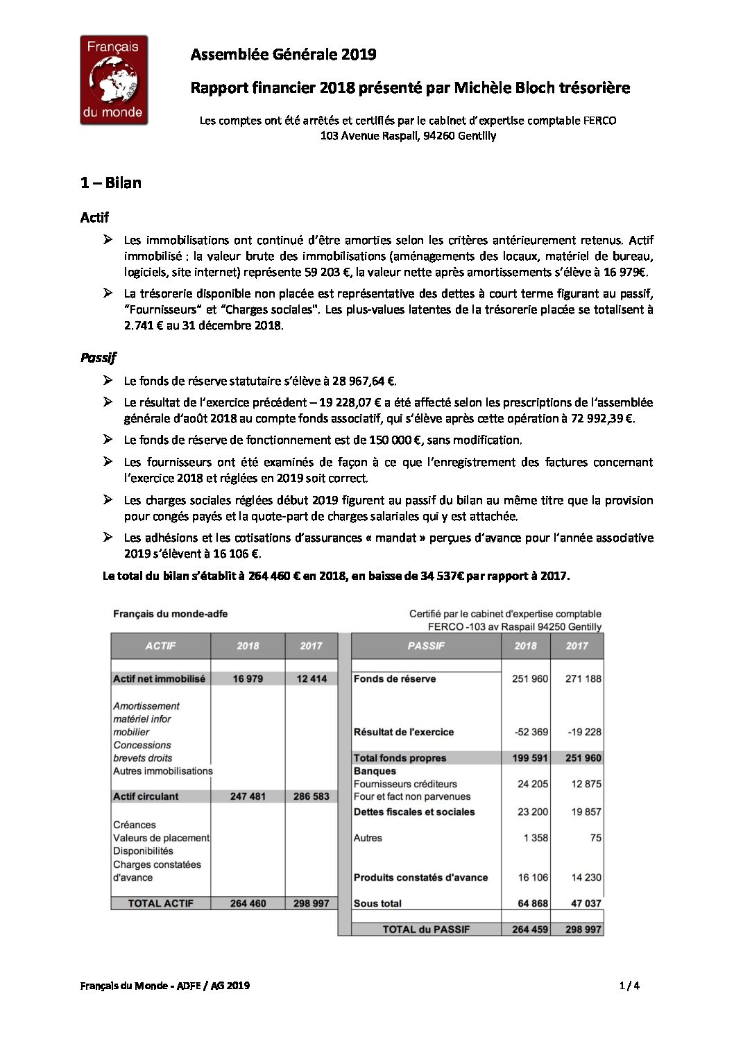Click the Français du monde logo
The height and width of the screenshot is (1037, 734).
pyautogui.click(x=114, y=80)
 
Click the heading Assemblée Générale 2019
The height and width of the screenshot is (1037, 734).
pyautogui.click(x=283, y=54)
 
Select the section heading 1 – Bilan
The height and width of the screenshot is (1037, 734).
pyautogui.click(x=110, y=183)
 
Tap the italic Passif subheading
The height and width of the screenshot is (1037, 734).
pyautogui.click(x=98, y=357)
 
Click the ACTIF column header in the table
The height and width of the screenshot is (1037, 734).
pyautogui.click(x=160, y=646)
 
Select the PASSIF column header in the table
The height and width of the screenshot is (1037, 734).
pyautogui.click(x=426, y=646)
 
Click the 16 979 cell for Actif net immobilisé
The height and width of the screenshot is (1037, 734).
pyautogui.click(x=248, y=679)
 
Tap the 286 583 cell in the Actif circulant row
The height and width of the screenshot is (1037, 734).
pyautogui.click(x=311, y=796)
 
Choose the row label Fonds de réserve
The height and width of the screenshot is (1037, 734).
pyautogui.click(x=395, y=679)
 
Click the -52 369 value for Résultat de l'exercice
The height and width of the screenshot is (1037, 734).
pyautogui.click(x=531, y=732)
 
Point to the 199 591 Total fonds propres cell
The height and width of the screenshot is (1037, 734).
pyautogui.click(x=530, y=758)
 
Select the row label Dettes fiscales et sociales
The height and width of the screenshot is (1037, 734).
pyautogui.click(x=414, y=812)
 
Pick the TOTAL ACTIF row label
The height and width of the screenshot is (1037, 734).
pyautogui.click(x=160, y=903)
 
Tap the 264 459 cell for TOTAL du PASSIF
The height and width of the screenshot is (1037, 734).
pyautogui.click(x=530, y=929)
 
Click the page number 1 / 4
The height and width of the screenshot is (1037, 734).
pyautogui.click(x=629, y=985)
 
